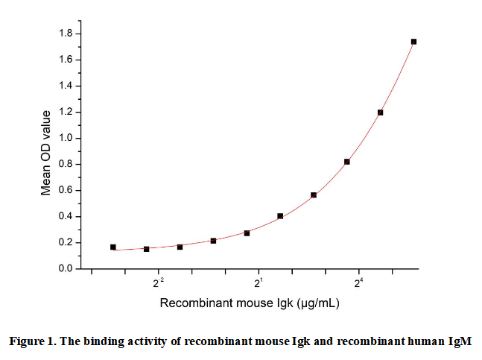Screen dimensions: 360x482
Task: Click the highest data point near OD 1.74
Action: (413, 42)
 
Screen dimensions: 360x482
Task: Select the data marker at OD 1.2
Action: (380, 113)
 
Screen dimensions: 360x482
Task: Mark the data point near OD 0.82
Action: (347, 162)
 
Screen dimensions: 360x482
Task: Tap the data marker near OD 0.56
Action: (314, 195)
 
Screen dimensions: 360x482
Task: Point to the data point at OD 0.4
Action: (280, 216)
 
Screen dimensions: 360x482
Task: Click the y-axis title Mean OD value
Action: (46, 152)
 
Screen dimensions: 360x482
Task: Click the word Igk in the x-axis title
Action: (284, 304)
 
